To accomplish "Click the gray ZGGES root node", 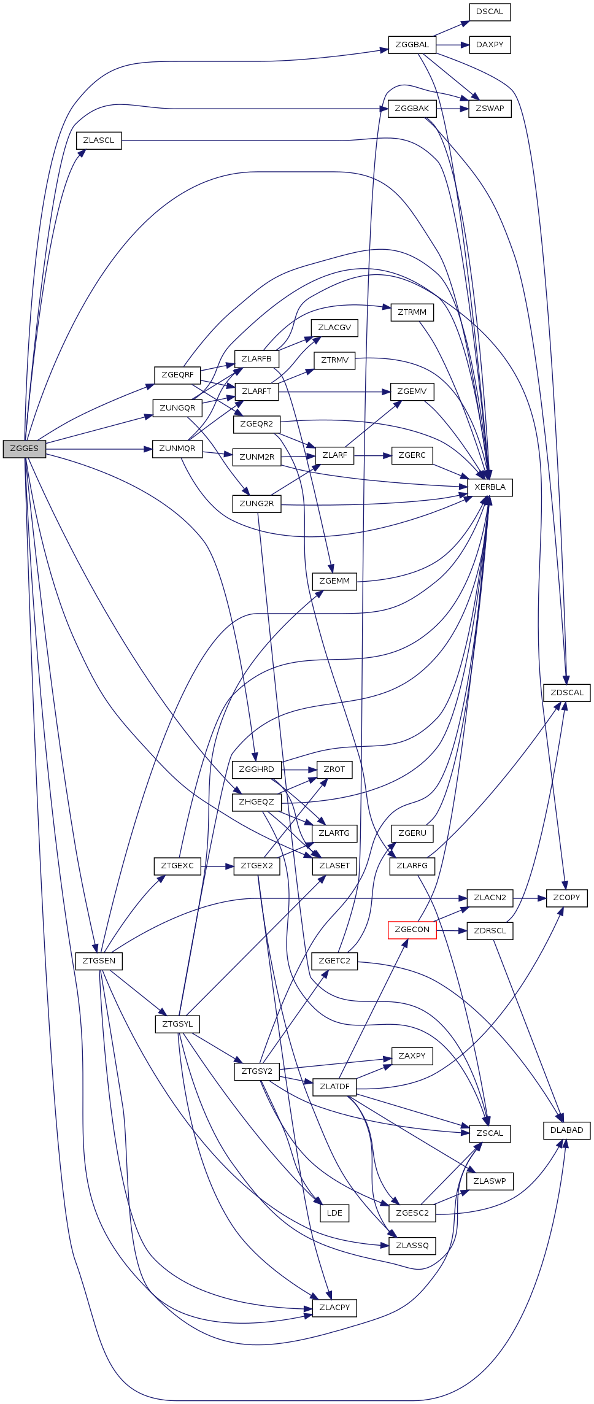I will coord(24,449).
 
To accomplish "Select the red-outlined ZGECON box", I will coord(412,930).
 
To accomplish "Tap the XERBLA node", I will coord(490,487).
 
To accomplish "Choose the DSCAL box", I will coord(489,12).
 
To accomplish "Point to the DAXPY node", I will coord(489,45).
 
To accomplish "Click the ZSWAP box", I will coord(489,109).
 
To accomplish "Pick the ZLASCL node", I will coord(98,141).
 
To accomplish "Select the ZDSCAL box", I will coord(566,693).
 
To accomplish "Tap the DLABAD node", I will coord(566,1130).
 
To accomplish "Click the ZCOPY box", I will coord(566,898).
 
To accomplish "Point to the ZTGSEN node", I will coord(98,961).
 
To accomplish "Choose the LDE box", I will coord(334,1213).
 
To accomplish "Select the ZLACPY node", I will coord(334,1308).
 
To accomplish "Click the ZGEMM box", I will coord(334,581).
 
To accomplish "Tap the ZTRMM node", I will coord(412,312).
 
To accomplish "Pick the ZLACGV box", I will coord(334,328).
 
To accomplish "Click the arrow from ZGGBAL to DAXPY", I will coord(452,45).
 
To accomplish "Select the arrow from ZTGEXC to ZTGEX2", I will coord(217,866).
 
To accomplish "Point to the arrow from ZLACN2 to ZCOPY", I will coord(529,898).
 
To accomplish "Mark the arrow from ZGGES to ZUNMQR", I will coord(98,449).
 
